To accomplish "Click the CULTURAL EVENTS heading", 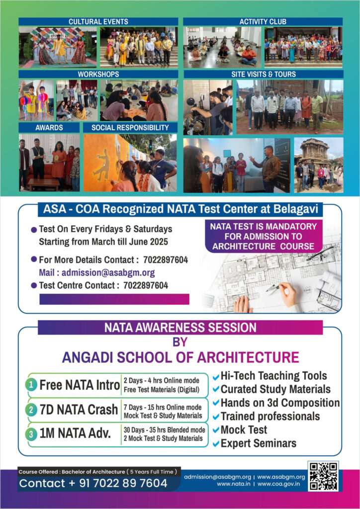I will click(98, 21).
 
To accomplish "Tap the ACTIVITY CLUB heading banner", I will click(263, 21).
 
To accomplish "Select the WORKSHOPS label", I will click(98, 74).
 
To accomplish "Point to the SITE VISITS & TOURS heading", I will click(263, 74).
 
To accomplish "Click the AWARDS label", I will click(49, 127).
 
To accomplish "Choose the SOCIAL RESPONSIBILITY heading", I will click(129, 127).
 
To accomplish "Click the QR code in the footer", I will click(323, 476).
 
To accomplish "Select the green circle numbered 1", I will click(31, 385).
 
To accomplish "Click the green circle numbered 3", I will click(31, 434).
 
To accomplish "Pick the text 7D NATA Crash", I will click(79, 410).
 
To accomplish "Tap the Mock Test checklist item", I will click(244, 429).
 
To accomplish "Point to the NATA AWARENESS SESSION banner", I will click(180, 328).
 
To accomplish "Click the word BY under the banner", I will click(180, 342).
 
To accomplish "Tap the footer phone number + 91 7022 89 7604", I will click(93, 483).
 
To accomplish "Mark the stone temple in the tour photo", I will click(315, 156).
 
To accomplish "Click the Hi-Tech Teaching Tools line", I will click(273, 376).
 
